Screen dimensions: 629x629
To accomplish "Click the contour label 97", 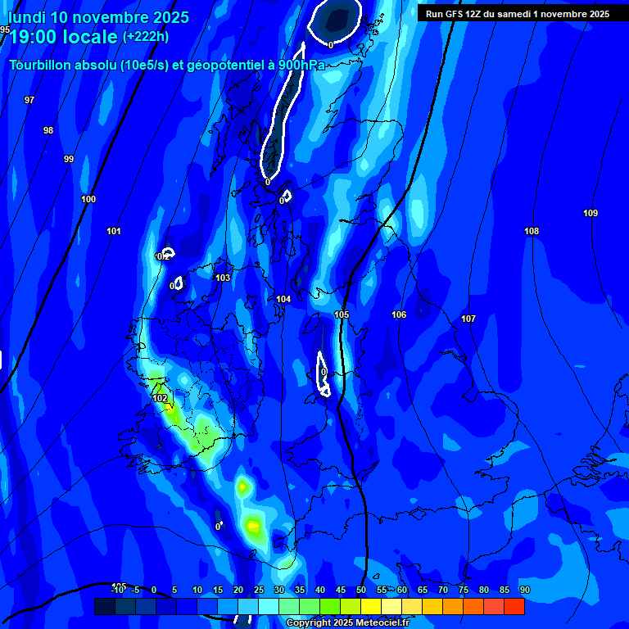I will point(29,100).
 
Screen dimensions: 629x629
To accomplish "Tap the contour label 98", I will point(48,130).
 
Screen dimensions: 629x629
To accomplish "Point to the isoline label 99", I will point(69,159).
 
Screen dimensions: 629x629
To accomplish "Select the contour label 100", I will point(88,199).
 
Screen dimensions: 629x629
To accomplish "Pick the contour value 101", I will point(114,231).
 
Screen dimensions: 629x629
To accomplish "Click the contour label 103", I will point(223,278).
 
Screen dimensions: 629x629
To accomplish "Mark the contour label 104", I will point(283,299).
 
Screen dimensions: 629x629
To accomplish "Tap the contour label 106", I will point(399,314).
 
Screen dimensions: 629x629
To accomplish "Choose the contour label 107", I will point(468,319).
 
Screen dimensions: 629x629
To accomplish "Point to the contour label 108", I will point(532,231).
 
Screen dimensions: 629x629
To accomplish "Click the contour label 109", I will point(591,213).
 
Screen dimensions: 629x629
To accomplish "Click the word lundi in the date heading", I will point(27,17).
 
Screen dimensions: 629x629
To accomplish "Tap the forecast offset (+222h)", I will point(146,37).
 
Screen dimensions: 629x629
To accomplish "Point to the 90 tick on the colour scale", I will point(524,590).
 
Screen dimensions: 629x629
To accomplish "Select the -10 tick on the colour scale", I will point(118,590).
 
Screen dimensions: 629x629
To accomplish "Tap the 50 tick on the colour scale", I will point(361,590).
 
